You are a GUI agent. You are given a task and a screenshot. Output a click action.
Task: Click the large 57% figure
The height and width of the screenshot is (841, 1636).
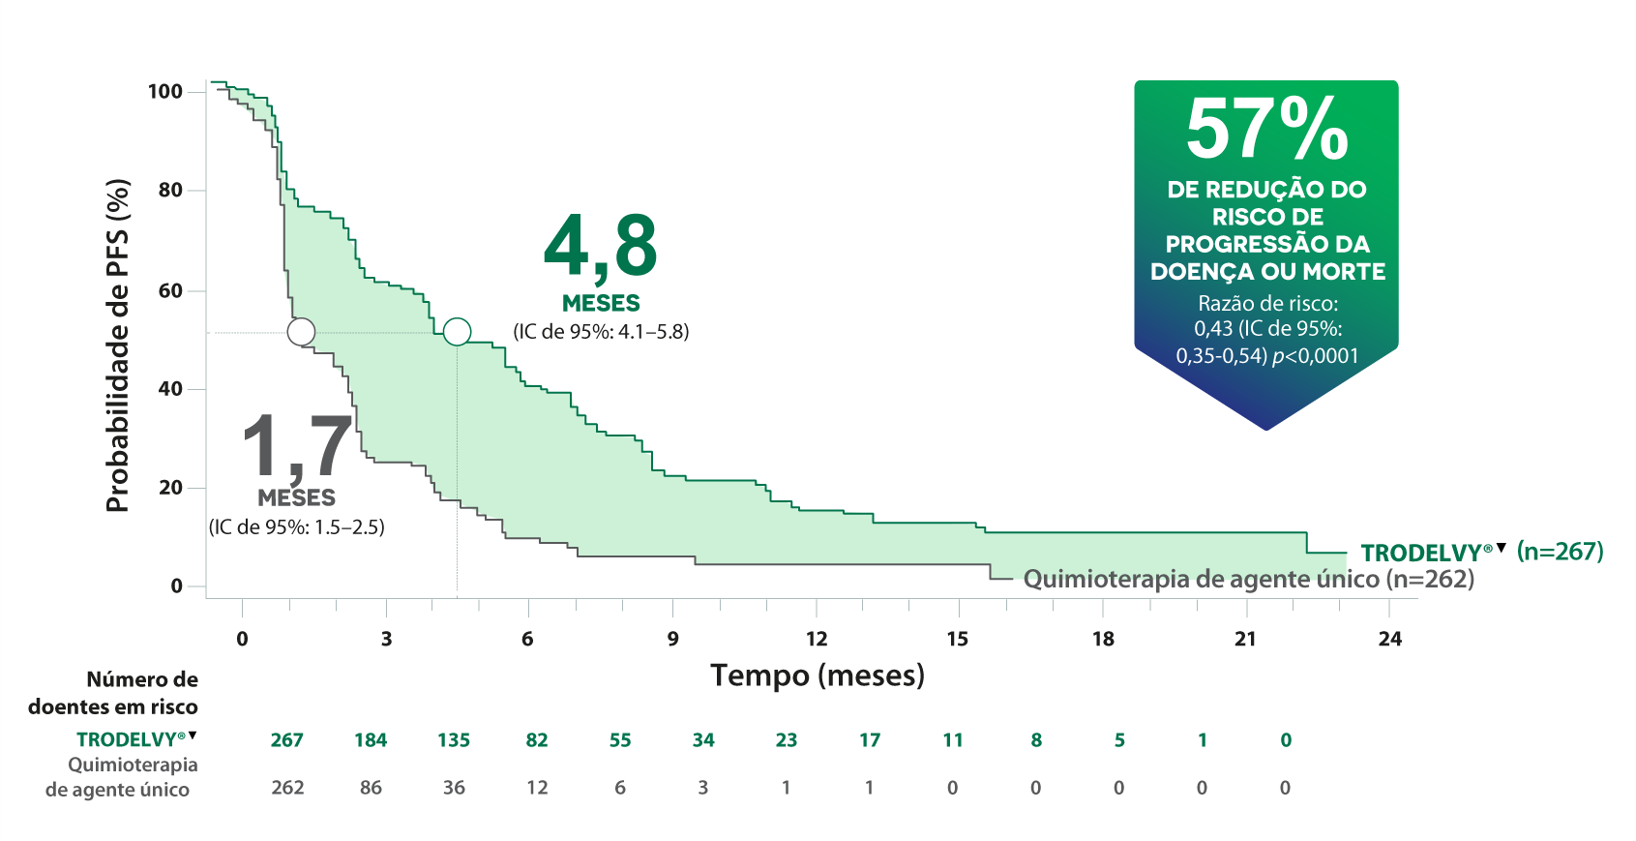1266,130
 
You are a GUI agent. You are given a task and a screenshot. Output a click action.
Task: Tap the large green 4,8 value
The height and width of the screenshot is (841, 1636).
601,246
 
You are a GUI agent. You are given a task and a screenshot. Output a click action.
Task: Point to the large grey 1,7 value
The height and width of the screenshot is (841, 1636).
296,446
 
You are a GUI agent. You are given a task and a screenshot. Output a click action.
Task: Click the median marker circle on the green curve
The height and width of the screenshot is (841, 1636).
457,332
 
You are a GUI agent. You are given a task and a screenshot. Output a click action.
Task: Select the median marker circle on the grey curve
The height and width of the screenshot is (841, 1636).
301,332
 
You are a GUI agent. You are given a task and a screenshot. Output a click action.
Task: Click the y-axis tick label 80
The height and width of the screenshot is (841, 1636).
170,191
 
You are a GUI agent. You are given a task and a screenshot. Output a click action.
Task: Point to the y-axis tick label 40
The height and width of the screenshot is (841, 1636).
170,389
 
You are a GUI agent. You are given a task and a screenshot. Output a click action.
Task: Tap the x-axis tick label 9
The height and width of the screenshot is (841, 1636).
672,639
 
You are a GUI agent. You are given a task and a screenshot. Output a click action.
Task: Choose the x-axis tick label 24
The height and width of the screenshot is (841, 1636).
1389,639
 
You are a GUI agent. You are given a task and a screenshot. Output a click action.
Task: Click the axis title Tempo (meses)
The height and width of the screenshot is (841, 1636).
818,676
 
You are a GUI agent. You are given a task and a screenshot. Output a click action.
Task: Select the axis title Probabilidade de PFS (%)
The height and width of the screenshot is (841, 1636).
117,345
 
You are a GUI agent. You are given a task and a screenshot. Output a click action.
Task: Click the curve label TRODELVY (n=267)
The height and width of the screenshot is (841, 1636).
1481,553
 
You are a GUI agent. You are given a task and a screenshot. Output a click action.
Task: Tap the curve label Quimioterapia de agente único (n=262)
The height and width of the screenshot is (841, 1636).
1248,580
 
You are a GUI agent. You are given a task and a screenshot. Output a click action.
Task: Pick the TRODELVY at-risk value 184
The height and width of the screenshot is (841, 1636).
371,740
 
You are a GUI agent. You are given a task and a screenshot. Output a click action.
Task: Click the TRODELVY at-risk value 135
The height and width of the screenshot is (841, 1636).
454,740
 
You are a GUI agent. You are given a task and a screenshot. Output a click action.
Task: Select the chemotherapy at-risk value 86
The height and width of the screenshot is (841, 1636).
371,788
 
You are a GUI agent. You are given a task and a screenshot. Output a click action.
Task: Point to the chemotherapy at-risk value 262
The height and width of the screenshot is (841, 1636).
287,788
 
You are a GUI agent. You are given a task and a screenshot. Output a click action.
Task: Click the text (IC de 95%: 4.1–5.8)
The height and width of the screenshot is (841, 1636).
601,332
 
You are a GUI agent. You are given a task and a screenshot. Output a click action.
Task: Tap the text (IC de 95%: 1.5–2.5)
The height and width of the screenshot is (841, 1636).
297,527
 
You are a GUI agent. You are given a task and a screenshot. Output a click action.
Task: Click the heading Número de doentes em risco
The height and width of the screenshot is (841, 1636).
114,693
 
